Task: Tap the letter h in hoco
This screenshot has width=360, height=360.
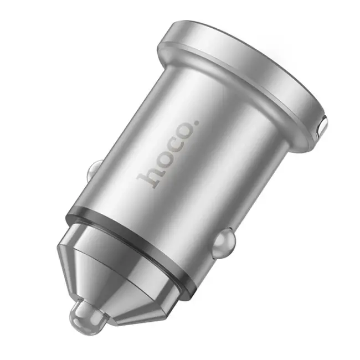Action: tap(149, 177)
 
